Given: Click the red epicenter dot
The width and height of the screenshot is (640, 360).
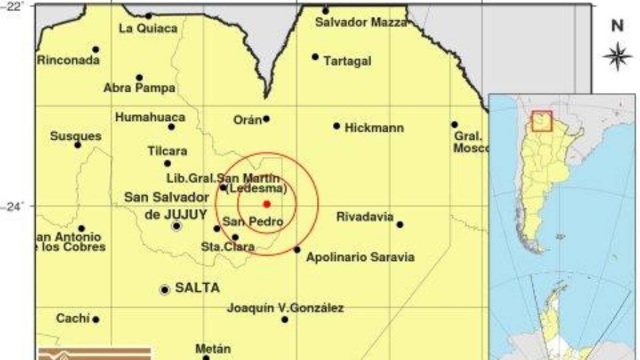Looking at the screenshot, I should (x=267, y=204).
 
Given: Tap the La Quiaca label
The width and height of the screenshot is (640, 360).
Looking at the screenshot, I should (x=148, y=28).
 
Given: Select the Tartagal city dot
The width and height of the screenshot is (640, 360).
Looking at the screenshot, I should (x=315, y=57).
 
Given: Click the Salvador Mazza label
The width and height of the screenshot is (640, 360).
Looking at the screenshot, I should (x=361, y=22).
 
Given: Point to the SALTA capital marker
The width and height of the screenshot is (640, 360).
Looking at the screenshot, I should (x=165, y=290).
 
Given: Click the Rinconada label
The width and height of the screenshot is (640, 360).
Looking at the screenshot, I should (x=68, y=60).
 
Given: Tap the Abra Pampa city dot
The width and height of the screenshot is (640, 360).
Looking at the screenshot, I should (x=139, y=77).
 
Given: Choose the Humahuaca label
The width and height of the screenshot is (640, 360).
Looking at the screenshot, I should (x=150, y=117).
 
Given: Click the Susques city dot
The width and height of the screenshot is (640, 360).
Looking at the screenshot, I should (x=78, y=145).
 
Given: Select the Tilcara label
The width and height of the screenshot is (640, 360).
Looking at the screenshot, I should (x=167, y=151).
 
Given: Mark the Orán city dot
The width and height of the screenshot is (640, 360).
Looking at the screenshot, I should (x=266, y=118).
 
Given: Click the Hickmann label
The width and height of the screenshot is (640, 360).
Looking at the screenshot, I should (x=374, y=128).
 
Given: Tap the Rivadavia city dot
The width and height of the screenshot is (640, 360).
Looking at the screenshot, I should (x=399, y=225).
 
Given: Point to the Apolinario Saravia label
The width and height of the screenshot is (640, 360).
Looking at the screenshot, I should (x=360, y=258).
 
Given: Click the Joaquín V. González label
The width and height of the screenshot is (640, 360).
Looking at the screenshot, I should (x=285, y=308).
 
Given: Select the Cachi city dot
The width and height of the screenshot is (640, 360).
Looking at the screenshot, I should (x=95, y=319).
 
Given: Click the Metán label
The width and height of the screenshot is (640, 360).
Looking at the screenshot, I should (x=213, y=349).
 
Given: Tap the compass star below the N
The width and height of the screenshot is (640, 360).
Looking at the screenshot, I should (x=617, y=55).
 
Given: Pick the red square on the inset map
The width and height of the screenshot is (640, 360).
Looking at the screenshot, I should (x=542, y=121).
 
